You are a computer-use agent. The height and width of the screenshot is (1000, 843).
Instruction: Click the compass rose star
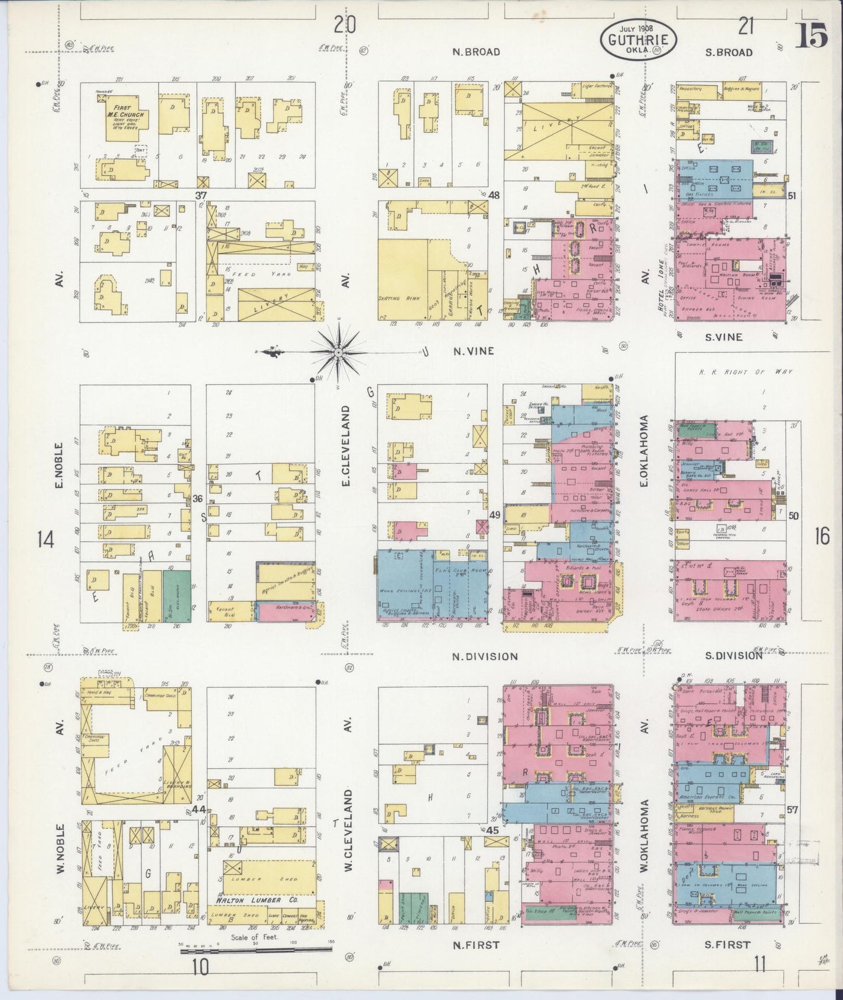tap(338, 352)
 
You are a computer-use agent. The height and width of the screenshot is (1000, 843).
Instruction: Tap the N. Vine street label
tap(474, 351)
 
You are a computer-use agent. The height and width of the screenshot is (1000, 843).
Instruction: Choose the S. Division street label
tap(733, 655)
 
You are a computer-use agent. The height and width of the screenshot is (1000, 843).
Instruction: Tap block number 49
tap(495, 515)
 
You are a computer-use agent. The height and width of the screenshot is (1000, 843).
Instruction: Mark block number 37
tap(202, 194)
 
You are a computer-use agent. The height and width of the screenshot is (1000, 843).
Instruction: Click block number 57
tap(792, 810)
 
